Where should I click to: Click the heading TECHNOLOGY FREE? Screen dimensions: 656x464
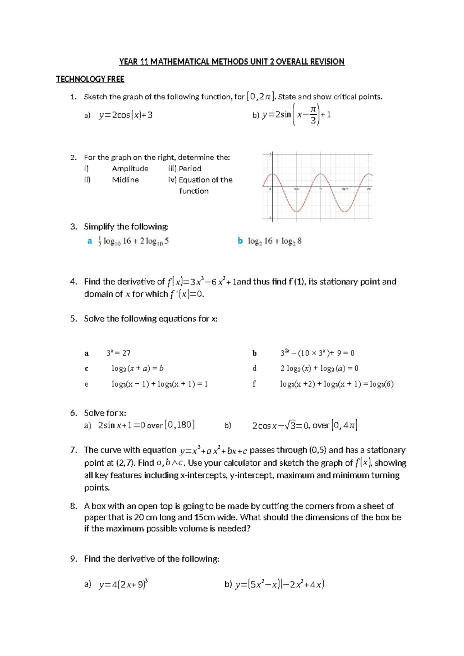(x=90, y=79)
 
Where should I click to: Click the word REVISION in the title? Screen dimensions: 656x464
(x=327, y=62)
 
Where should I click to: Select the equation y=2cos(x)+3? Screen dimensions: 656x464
(x=126, y=115)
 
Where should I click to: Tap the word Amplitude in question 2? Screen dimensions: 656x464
(x=130, y=169)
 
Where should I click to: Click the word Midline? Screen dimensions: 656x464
(x=125, y=180)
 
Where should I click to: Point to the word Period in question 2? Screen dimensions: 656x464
(x=190, y=169)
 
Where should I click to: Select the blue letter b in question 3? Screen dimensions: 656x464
(x=240, y=241)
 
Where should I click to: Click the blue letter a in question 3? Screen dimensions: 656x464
(x=90, y=241)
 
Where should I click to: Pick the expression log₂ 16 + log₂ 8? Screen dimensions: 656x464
(x=275, y=241)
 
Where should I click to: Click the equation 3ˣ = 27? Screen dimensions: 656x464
(x=118, y=353)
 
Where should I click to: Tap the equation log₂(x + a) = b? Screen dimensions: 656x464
(x=137, y=369)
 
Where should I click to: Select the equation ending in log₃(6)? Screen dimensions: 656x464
(x=337, y=384)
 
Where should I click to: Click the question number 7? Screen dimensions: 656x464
(x=73, y=450)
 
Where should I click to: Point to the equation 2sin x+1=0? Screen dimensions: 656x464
(x=121, y=425)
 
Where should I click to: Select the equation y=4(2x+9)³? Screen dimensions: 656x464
(x=123, y=584)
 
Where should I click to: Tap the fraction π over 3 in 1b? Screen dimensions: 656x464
(x=314, y=115)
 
